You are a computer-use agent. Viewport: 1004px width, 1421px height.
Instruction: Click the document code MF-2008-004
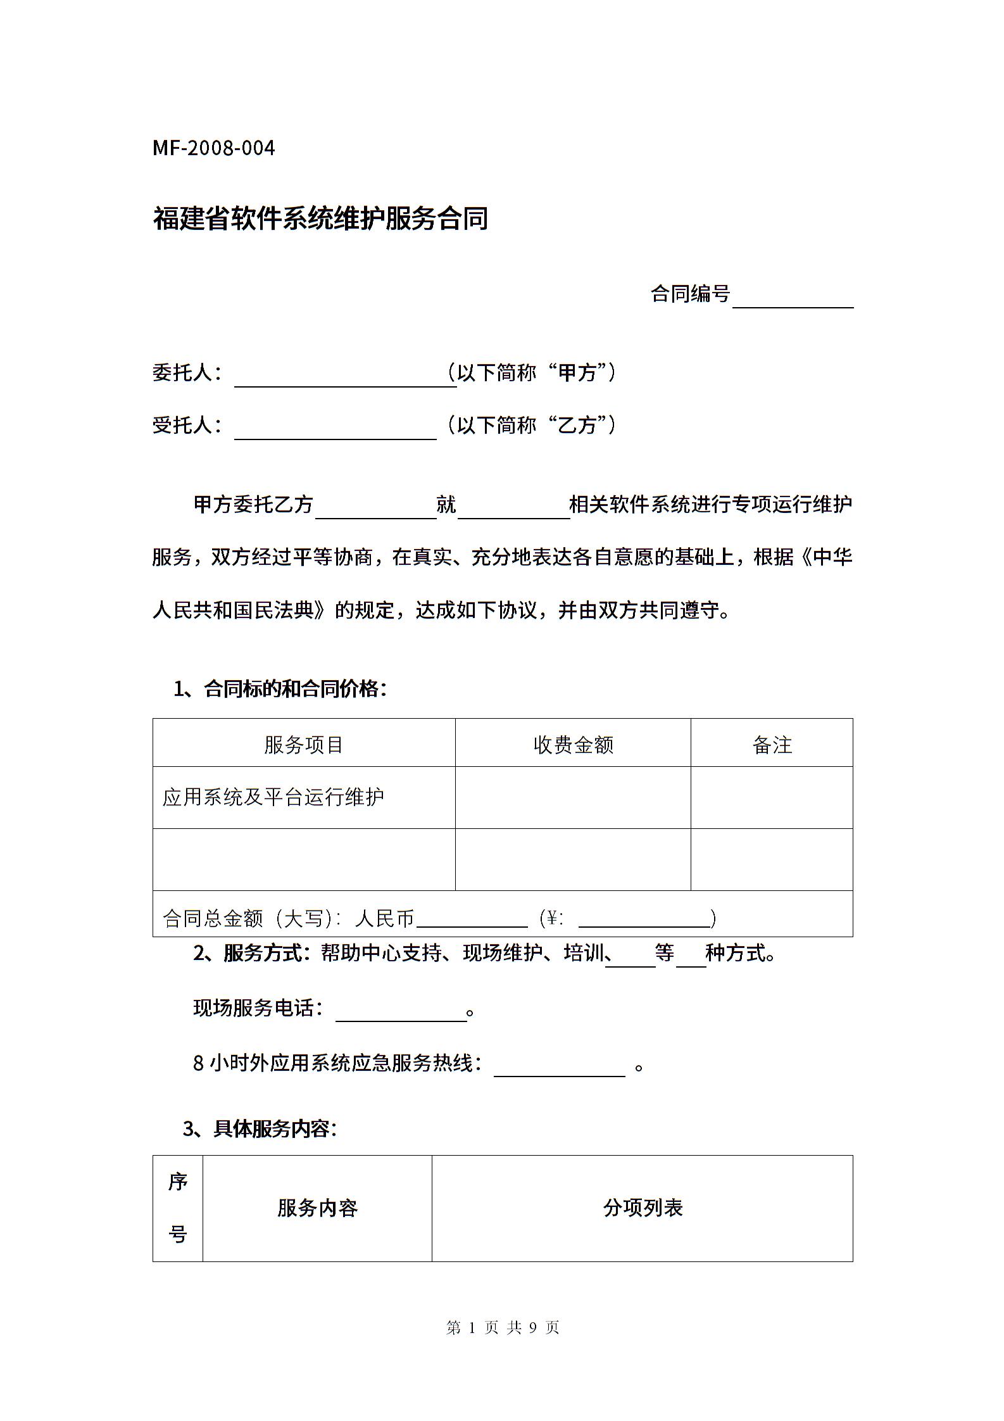tap(214, 148)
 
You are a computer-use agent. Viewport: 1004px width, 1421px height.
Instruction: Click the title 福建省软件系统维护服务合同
tap(320, 218)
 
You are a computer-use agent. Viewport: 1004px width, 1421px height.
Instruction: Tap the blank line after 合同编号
tap(793, 300)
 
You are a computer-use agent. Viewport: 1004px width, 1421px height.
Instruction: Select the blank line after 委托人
tap(345, 378)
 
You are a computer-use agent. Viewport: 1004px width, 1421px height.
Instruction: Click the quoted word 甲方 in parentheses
tap(577, 372)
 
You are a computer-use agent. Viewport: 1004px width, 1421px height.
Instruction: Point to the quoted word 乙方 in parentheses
tap(577, 425)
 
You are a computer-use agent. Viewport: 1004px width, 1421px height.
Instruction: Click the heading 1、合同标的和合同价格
tap(280, 688)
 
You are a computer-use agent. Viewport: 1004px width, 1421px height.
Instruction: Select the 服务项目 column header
tap(304, 744)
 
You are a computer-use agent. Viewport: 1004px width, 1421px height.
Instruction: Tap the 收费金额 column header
tap(573, 744)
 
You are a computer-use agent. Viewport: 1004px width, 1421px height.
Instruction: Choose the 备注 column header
tap(772, 744)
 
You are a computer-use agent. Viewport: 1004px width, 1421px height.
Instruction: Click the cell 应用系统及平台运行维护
tap(273, 797)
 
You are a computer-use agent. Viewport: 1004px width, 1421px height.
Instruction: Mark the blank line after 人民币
tap(472, 919)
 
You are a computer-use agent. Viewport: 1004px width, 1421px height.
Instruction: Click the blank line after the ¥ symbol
tap(644, 919)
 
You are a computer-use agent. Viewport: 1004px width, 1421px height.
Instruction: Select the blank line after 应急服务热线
tap(560, 1068)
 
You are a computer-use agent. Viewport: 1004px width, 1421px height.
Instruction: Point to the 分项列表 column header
tap(643, 1208)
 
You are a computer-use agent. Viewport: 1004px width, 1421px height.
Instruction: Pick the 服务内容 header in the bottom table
tap(317, 1208)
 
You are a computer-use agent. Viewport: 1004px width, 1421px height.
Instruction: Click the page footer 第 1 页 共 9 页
tap(503, 1328)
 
